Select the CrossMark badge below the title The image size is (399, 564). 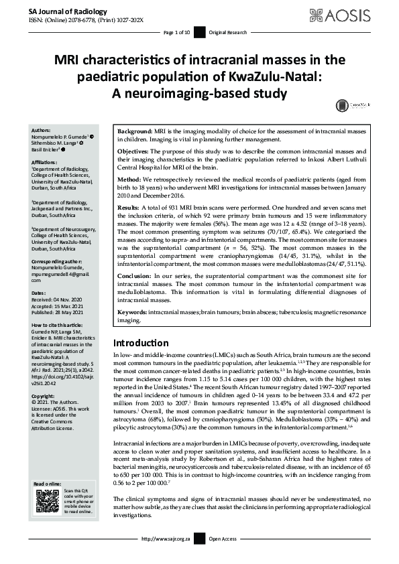tap(343, 105)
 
